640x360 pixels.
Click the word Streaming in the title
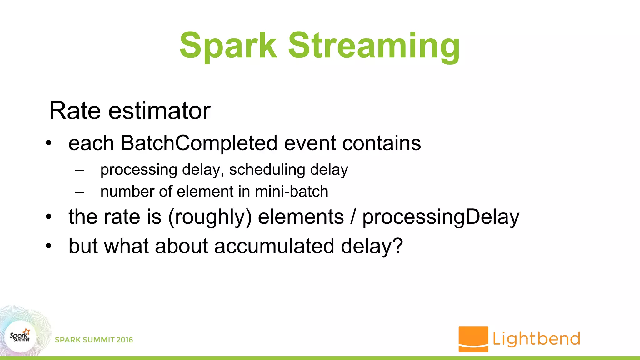click(x=374, y=46)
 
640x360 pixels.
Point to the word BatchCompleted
click(x=199, y=143)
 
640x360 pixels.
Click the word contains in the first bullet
click(x=382, y=143)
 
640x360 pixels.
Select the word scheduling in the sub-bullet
click(x=267, y=170)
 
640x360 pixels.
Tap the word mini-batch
click(x=292, y=192)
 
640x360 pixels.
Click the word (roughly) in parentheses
click(x=210, y=217)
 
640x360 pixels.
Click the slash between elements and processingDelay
click(x=353, y=217)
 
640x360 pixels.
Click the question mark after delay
click(x=398, y=246)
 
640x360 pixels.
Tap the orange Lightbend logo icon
click(x=473, y=339)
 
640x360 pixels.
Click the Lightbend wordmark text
click(x=536, y=339)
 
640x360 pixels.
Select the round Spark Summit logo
click(x=21, y=337)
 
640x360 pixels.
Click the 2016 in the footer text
click(x=125, y=340)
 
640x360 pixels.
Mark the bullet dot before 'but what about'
click(x=48, y=246)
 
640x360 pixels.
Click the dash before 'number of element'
click(x=80, y=192)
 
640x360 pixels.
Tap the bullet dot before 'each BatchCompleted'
click(x=48, y=143)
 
